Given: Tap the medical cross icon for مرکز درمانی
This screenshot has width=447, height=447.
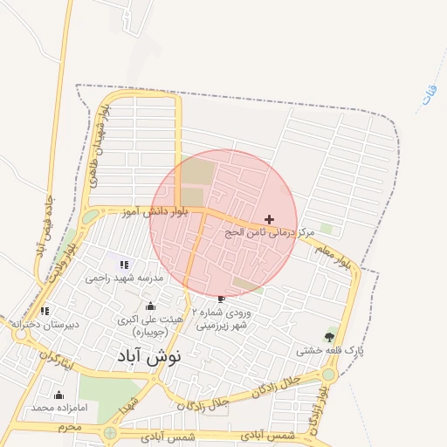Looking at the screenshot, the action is coord(269,219).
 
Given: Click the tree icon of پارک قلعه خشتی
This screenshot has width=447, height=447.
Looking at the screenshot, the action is coord(329,336).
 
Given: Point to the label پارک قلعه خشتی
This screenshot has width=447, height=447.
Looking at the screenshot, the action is coord(330,350).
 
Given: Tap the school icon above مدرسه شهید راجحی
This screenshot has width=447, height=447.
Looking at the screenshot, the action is coord(123,264).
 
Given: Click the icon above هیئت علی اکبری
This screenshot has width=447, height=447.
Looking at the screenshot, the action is coord(150,306).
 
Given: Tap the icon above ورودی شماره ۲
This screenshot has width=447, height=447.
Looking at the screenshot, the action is coord(220,299).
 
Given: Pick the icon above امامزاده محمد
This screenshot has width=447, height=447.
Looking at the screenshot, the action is coord(58,395).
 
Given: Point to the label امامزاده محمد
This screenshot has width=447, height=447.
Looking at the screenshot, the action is coord(58,408).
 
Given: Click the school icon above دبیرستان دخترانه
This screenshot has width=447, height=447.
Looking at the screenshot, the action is coord(45,311).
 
